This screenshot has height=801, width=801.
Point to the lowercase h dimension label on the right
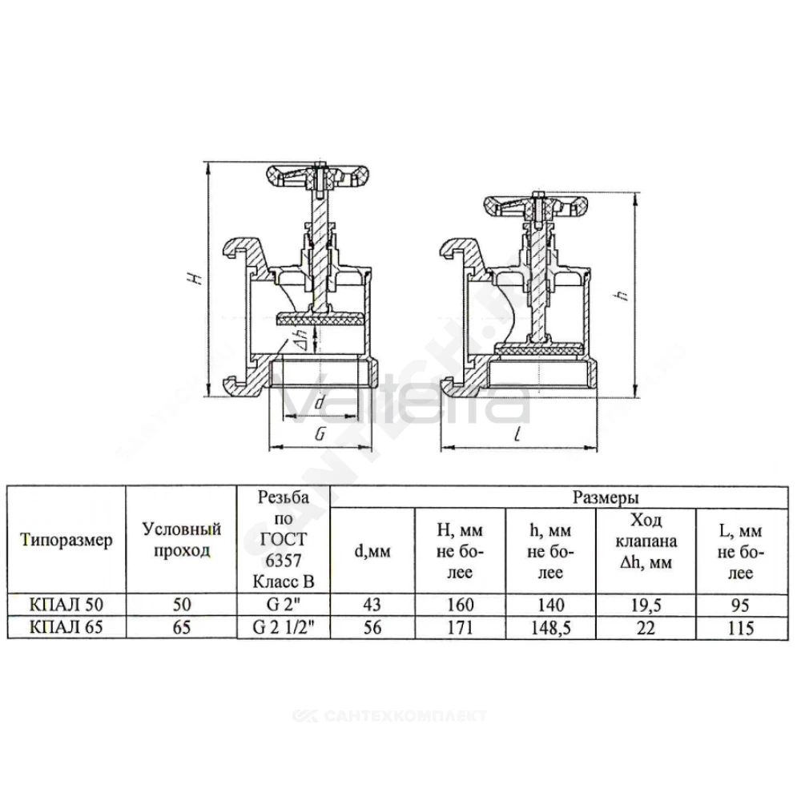click(622, 295)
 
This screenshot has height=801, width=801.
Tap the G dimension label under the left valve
click(320, 434)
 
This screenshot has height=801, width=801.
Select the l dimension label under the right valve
click(517, 435)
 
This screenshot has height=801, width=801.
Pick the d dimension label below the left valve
click(320, 402)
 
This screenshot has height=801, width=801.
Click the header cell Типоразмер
click(66, 540)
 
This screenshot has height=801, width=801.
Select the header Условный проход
click(181, 539)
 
